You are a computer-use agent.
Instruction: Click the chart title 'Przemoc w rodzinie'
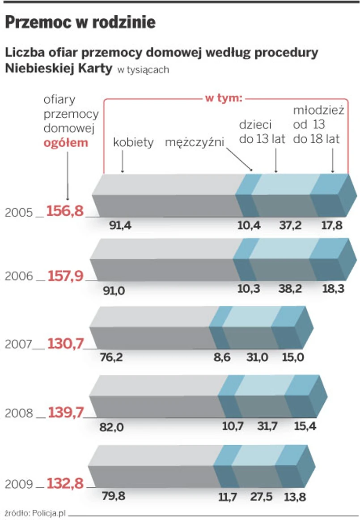coord(80,22)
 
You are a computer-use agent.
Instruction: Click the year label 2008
coord(19,413)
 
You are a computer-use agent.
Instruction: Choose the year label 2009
coord(19,484)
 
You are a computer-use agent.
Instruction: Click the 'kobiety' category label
coord(133,143)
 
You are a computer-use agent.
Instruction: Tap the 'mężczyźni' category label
coord(195,143)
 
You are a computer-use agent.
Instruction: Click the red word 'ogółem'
coord(66,143)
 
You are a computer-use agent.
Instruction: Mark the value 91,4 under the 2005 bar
coord(120,226)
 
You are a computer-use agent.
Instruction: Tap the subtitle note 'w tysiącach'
coord(143,70)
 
